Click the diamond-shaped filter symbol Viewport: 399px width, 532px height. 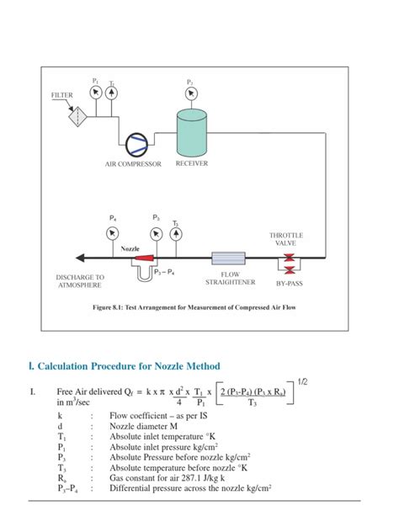tap(80, 116)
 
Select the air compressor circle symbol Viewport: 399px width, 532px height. tap(135, 143)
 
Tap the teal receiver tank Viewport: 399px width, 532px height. tap(191, 131)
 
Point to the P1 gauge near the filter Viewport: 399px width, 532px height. tap(95, 91)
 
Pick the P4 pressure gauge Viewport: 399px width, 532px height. tap(113, 231)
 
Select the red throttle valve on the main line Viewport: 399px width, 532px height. tap(290, 257)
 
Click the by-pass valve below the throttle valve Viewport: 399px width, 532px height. tap(290, 271)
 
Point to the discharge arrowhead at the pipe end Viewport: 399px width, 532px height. tap(80, 258)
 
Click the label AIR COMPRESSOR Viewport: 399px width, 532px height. tap(132, 164)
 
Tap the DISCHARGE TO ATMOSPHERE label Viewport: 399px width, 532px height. tap(80, 281)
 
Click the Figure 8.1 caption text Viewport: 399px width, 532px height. tap(194, 308)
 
